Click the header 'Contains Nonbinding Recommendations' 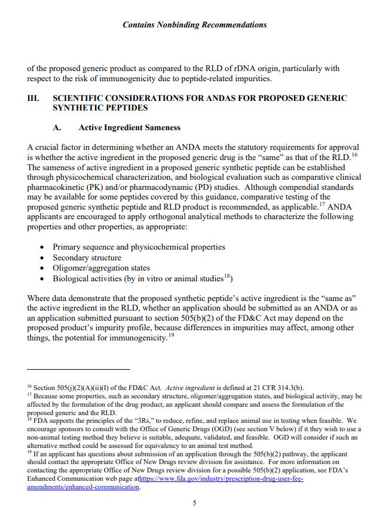(194, 24)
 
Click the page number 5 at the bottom (194, 503)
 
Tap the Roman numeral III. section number (33, 97)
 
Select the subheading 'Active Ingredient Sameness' (129, 127)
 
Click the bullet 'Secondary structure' (87, 257)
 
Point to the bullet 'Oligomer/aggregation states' (101, 268)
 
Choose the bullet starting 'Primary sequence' (139, 247)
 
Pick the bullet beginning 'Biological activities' (142, 279)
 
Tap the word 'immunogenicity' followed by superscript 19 (135, 339)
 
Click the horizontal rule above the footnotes (78, 369)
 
